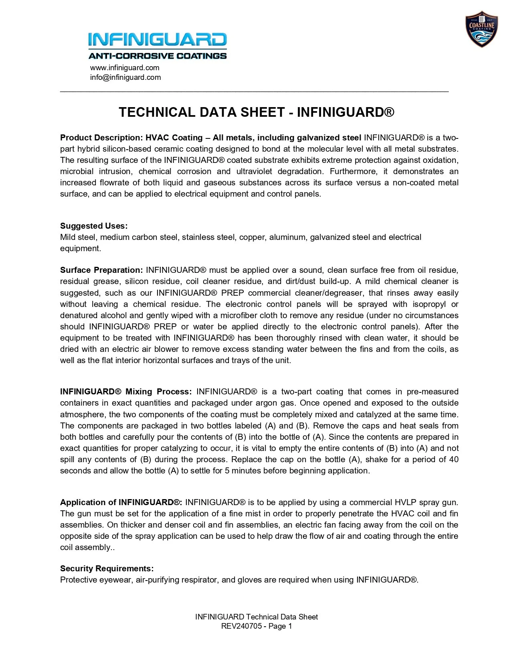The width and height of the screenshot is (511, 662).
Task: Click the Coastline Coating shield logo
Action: tap(481, 29)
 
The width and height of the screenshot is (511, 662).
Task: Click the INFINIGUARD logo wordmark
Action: tap(158, 40)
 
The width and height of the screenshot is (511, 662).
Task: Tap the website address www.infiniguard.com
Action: tap(125, 67)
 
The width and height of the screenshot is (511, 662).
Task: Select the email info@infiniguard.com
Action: tap(125, 77)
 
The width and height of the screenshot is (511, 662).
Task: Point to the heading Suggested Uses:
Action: tap(94, 225)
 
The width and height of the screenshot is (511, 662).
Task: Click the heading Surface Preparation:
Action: tap(101, 270)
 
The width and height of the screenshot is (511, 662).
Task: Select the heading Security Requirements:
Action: tap(107, 568)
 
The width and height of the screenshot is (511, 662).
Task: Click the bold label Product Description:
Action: tap(101, 138)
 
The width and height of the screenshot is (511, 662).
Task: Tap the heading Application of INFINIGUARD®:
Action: tap(121, 502)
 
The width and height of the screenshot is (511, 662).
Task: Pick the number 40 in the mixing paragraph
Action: tap(454, 459)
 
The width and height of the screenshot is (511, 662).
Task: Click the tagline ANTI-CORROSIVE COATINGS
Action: tap(158, 56)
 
